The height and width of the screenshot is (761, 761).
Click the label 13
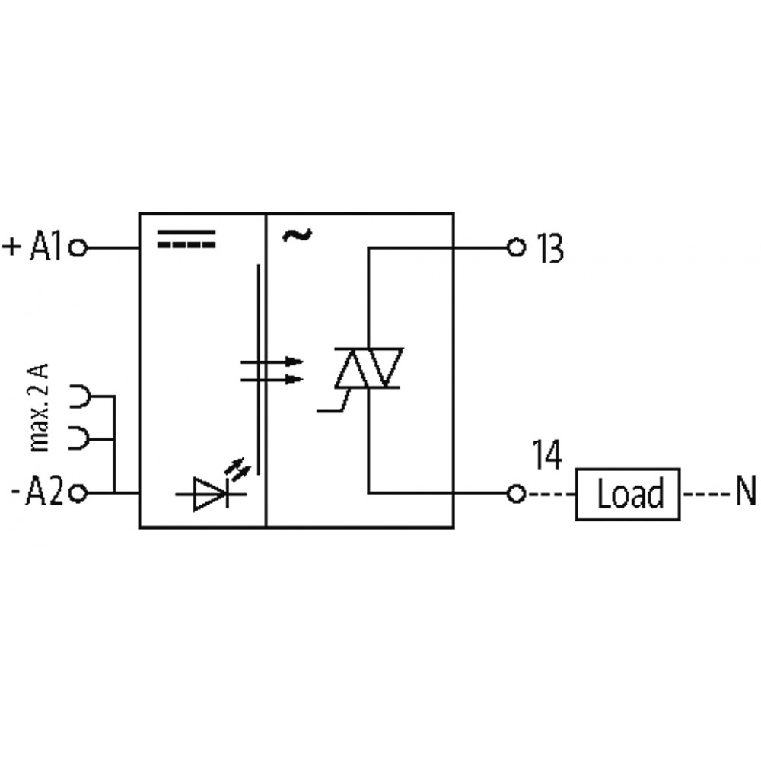click(550, 249)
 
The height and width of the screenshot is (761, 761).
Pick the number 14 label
click(547, 454)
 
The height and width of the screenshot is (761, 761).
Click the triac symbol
click(368, 368)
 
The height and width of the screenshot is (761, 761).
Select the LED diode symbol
click(211, 494)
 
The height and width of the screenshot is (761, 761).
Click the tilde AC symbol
click(297, 235)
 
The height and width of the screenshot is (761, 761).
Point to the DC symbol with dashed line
click(186, 239)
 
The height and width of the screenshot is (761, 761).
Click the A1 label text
click(46, 247)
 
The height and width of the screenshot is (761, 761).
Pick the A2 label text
click(43, 493)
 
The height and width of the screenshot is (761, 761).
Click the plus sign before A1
click(11, 247)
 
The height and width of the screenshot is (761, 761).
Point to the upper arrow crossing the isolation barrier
click(272, 361)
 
